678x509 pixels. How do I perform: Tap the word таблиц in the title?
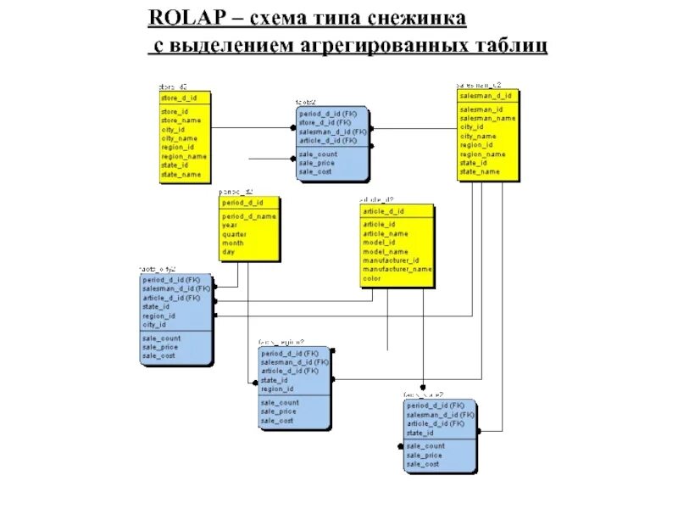coord(508,44)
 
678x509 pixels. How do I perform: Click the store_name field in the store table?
coord(181,120)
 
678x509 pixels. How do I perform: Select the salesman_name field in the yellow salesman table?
coord(487,118)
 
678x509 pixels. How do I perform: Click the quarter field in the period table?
coord(234,234)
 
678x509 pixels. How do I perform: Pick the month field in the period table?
coord(233,243)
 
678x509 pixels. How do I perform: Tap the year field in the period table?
coord(230,225)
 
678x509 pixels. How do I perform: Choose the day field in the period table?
coord(229,252)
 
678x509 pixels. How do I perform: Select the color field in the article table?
coord(372,278)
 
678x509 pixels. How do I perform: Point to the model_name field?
coord(386,251)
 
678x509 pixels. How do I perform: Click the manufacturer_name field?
coord(397,269)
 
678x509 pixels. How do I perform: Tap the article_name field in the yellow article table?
coord(386,233)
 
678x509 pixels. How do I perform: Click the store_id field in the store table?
coord(175,111)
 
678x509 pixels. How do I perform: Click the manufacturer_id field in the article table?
coord(391,260)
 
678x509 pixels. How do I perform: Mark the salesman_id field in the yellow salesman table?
coord(481,109)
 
